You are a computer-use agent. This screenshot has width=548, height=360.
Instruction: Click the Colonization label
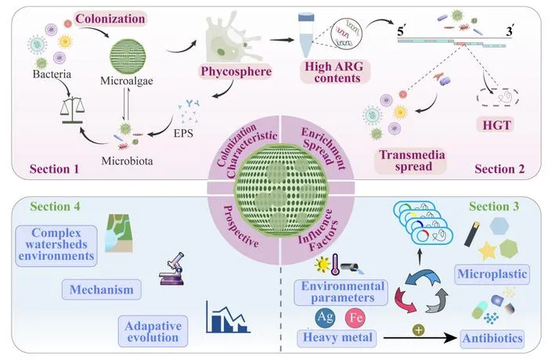[x=110, y=19]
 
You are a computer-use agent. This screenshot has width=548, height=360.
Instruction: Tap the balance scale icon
[x=72, y=110]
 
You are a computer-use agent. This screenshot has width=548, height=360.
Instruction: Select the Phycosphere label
[x=236, y=72]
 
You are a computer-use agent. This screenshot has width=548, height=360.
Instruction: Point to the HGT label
[x=496, y=124]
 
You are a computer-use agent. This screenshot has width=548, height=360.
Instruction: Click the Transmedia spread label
[x=412, y=160]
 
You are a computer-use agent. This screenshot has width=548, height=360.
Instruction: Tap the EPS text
[x=183, y=133]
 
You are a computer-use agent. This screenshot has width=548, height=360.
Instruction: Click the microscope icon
[x=171, y=268]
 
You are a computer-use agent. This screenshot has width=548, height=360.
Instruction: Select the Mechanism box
[x=101, y=290]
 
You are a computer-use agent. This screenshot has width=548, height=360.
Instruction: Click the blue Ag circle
[x=325, y=317]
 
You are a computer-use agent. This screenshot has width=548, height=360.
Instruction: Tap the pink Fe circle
[x=355, y=318]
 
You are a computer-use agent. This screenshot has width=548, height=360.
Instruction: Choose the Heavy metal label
[x=337, y=337]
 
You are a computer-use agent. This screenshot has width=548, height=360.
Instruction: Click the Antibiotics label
[x=492, y=338]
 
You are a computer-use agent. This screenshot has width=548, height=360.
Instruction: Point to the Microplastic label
[x=492, y=274]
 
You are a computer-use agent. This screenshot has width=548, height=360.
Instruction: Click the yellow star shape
[x=487, y=250]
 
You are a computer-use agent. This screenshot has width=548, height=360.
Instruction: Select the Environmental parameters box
[x=341, y=292]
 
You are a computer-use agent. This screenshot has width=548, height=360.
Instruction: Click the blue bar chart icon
[x=228, y=317]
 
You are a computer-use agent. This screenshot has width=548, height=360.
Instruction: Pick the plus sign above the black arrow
[x=418, y=329]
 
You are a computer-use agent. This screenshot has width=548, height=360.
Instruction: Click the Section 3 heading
[x=494, y=206]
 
